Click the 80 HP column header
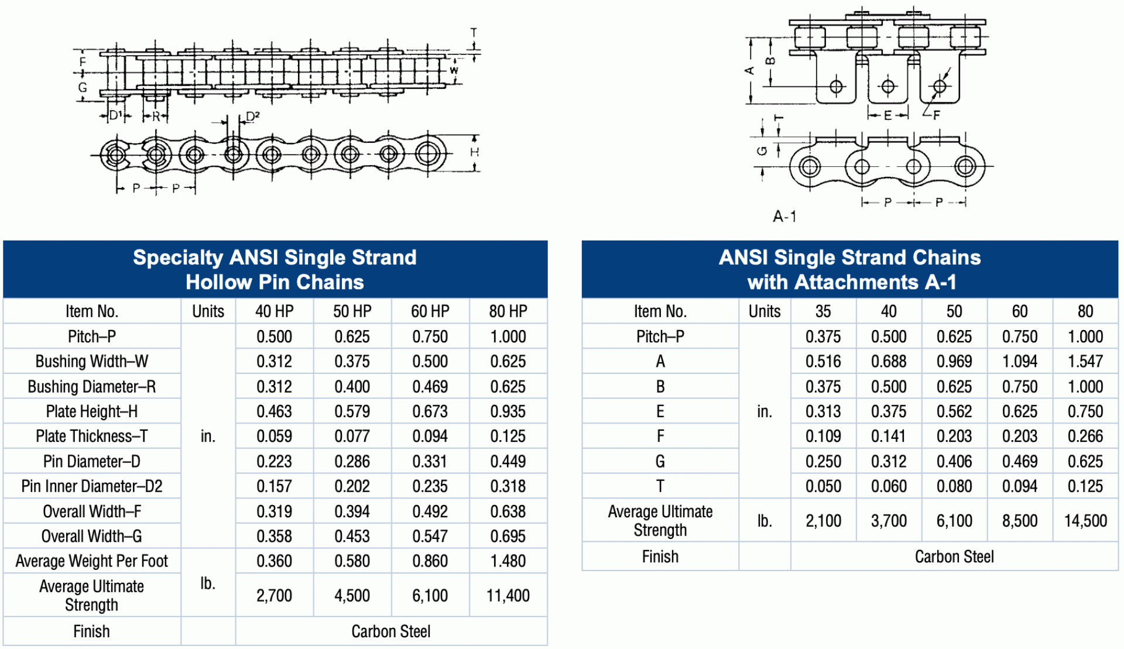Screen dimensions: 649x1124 pos(508,311)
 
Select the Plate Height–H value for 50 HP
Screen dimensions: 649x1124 pos(352,411)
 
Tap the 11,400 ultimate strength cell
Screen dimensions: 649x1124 pos(508,596)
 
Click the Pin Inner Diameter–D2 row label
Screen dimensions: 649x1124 pos(92,486)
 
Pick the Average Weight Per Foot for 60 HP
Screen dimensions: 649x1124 pos(430,561)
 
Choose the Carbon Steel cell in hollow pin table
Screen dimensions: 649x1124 pos(390,631)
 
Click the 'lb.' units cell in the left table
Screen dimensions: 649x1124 pos(208,583)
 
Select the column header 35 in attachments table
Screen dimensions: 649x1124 pos(823,311)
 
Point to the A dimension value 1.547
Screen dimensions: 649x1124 pos(1085,362)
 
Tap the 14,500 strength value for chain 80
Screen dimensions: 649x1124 pos(1085,521)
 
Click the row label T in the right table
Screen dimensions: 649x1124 pos(660,486)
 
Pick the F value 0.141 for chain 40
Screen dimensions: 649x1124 pos(888,437)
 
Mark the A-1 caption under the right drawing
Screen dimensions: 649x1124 pos(784,217)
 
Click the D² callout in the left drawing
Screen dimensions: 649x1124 pos(252,116)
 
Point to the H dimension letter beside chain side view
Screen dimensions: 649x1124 pos(474,152)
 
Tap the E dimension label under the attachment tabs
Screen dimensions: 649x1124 pos(887,115)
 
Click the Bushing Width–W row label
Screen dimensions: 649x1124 pos(92,362)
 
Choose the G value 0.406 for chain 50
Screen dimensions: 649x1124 pos(954,462)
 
